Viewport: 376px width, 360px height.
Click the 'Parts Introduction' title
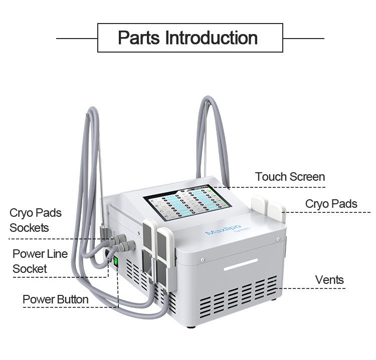click(x=187, y=38)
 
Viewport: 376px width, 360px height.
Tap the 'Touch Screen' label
click(x=290, y=177)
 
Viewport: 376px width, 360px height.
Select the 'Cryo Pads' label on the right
click(x=331, y=203)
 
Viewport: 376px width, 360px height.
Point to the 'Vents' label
click(x=329, y=279)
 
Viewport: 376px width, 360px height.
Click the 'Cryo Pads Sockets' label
click(x=36, y=220)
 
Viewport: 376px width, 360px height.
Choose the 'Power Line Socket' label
click(x=37, y=261)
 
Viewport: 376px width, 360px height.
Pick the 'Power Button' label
click(x=55, y=299)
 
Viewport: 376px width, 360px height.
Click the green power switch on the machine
click(x=115, y=261)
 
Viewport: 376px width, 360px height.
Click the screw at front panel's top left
click(x=202, y=259)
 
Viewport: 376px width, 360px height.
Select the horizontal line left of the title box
click(x=77, y=38)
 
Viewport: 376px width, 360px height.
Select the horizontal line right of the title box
click(x=303, y=38)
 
